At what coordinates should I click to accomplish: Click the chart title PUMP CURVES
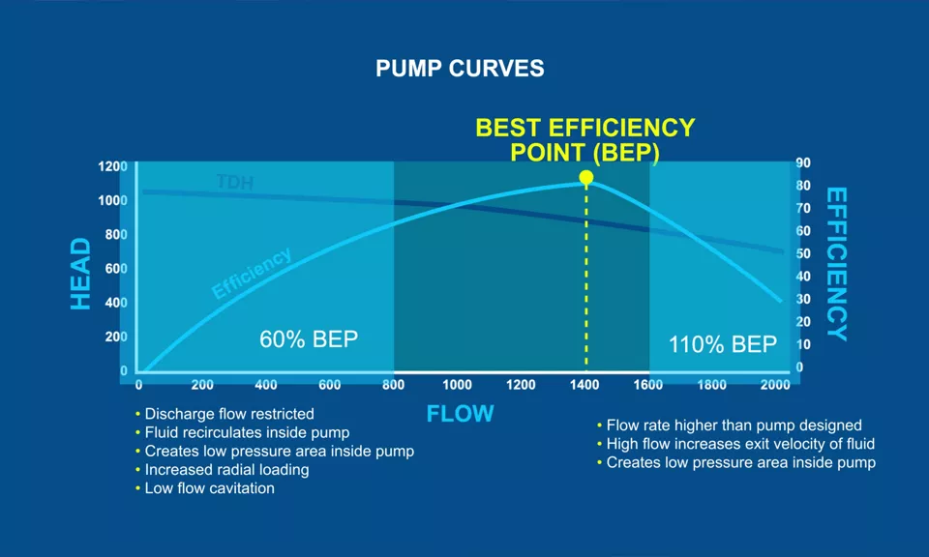pyautogui.click(x=460, y=70)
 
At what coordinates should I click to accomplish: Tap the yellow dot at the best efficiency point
pyautogui.click(x=585, y=177)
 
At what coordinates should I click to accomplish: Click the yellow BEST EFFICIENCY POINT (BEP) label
pyautogui.click(x=584, y=140)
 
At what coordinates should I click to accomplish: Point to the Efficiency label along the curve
pyautogui.click(x=251, y=274)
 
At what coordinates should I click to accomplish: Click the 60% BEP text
pyautogui.click(x=309, y=339)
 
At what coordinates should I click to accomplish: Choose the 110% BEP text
pyautogui.click(x=723, y=344)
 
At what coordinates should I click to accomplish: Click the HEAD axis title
pyautogui.click(x=81, y=274)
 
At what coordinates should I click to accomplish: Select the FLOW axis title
pyautogui.click(x=460, y=414)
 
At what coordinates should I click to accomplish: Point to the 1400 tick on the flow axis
pyautogui.click(x=584, y=385)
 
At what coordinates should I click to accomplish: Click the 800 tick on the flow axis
pyautogui.click(x=393, y=385)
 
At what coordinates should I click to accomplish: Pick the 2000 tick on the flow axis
pyautogui.click(x=775, y=385)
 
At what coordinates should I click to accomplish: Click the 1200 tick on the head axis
pyautogui.click(x=112, y=166)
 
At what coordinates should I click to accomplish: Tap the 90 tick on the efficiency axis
pyautogui.click(x=803, y=163)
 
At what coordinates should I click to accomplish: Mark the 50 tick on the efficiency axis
pyautogui.click(x=803, y=253)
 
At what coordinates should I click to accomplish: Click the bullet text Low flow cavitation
pyautogui.click(x=209, y=488)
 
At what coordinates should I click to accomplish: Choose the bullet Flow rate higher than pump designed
pyautogui.click(x=734, y=425)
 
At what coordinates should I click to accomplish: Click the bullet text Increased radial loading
pyautogui.click(x=226, y=470)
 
